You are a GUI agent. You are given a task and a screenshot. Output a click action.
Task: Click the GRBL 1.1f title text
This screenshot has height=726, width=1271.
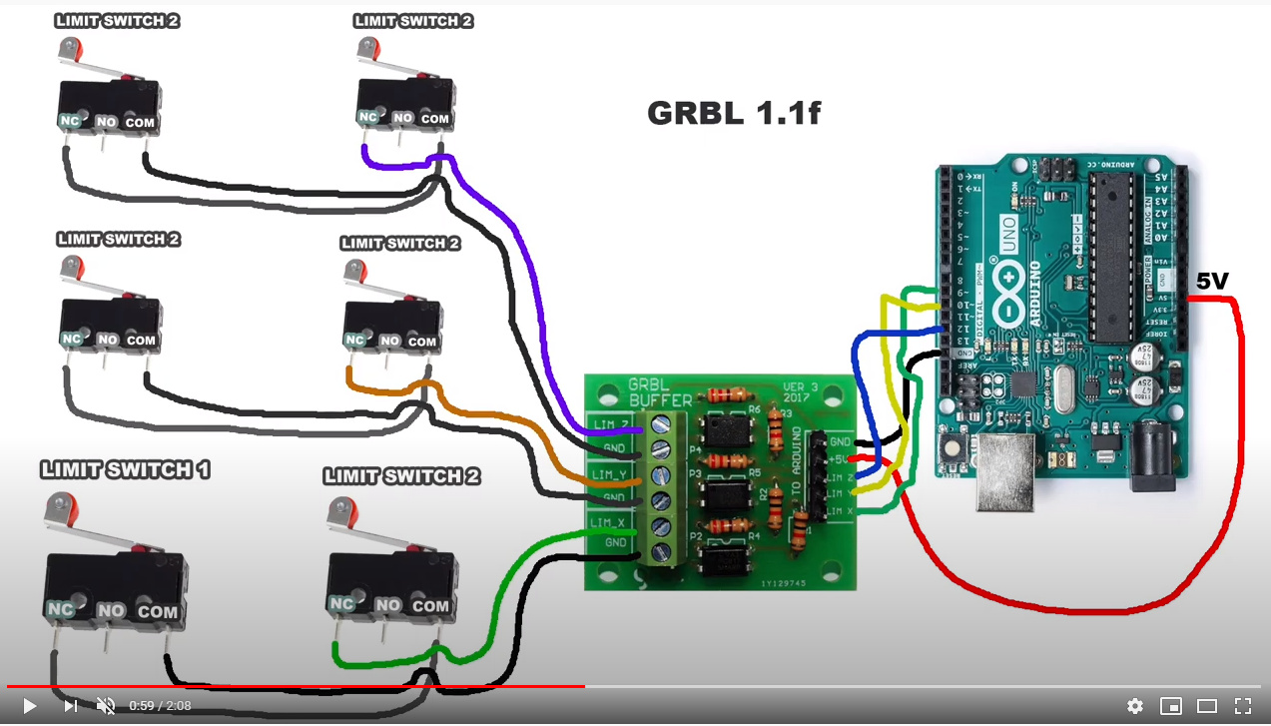click(733, 113)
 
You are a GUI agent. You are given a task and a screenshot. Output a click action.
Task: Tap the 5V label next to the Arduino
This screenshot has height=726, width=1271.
click(1212, 283)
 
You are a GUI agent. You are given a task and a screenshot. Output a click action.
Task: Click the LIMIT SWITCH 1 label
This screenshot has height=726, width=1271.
click(125, 469)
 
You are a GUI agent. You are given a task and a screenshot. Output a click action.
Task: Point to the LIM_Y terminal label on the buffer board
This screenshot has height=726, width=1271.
click(609, 473)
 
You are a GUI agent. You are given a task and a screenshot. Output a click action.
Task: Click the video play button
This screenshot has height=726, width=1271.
click(29, 706)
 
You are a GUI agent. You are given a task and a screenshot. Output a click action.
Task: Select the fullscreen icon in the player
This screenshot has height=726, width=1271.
click(1242, 706)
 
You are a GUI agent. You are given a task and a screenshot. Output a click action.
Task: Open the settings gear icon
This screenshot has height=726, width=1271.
click(1134, 706)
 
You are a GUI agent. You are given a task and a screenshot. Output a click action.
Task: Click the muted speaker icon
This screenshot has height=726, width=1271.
click(105, 706)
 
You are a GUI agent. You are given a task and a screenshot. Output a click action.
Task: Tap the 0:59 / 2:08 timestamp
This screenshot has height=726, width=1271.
click(160, 706)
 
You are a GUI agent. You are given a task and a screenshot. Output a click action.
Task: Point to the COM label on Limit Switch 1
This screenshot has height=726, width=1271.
click(158, 611)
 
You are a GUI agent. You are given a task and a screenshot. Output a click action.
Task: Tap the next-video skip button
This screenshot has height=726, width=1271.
click(70, 706)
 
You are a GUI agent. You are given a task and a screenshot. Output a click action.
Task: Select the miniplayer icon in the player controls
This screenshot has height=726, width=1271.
click(1170, 706)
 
